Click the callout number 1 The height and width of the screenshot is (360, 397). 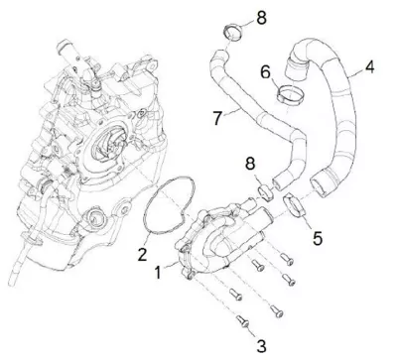pyautogui.click(x=158, y=273)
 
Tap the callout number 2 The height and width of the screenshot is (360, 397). pyautogui.click(x=142, y=255)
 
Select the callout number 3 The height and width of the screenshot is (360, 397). pyautogui.click(x=261, y=346)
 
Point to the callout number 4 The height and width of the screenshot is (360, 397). pyautogui.click(x=369, y=66)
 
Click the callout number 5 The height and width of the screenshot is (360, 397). pyautogui.click(x=318, y=238)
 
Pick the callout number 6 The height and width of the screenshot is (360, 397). pyautogui.click(x=265, y=72)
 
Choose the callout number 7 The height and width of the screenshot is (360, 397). pyautogui.click(x=217, y=118)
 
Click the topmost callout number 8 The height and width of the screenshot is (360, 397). pyautogui.click(x=261, y=18)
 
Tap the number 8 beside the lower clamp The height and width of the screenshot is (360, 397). pyautogui.click(x=251, y=164)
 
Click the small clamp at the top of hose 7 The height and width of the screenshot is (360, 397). pyautogui.click(x=233, y=33)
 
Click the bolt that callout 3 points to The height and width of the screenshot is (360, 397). pyautogui.click(x=243, y=321)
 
